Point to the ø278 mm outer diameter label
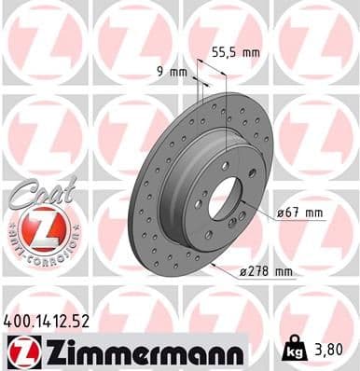pos(267,272)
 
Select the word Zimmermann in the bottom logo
pos(138,351)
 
